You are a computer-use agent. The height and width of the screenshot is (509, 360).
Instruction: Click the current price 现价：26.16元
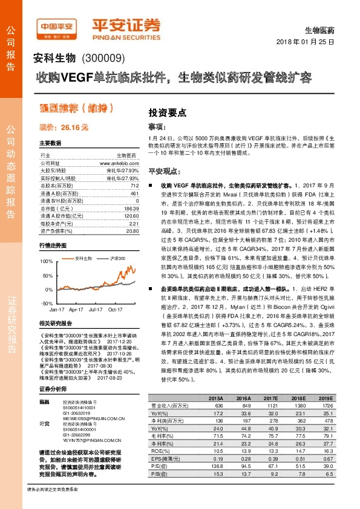pyautogui.click(x=64, y=128)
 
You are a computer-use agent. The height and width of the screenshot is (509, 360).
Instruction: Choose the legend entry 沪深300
pyautogui.click(x=117, y=258)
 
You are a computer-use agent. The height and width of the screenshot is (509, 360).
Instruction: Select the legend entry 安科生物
pyautogui.click(x=83, y=258)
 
